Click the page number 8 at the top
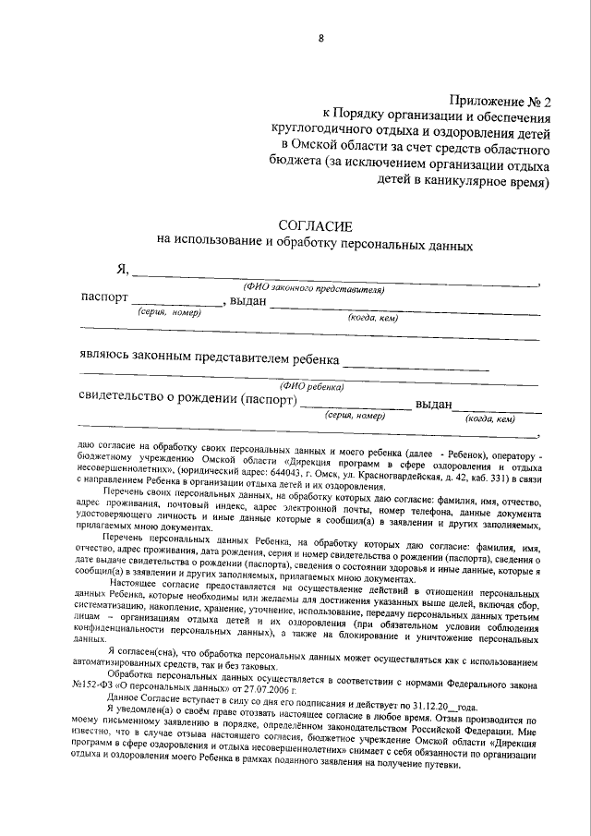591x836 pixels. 320,39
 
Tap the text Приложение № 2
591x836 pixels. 500,102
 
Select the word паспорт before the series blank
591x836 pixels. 103,300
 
